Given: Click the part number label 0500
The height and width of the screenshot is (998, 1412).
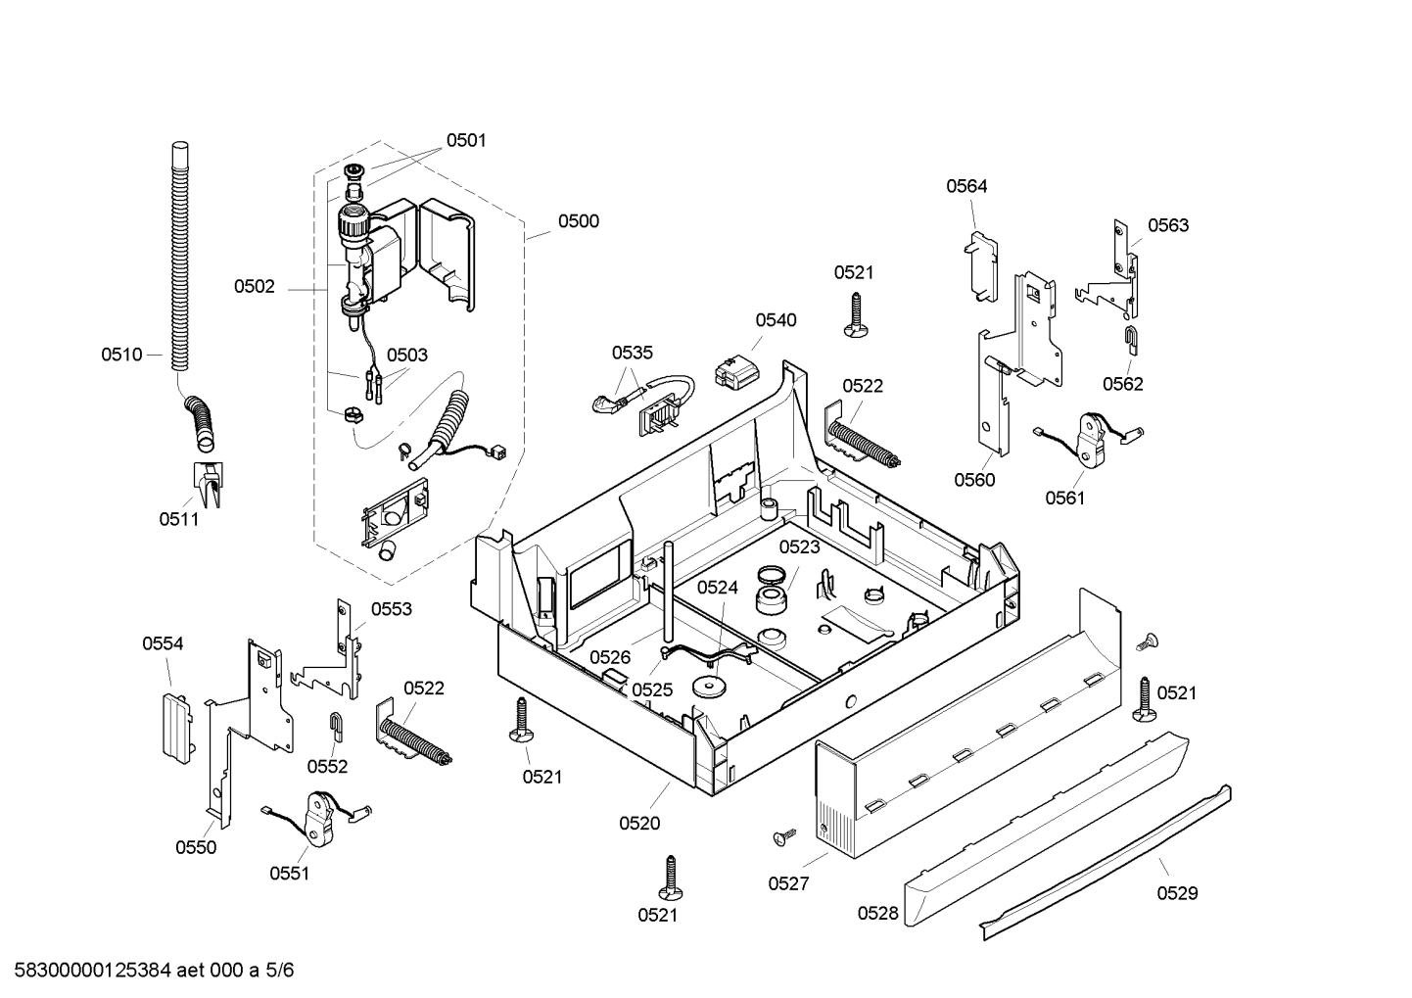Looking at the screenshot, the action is [578, 221].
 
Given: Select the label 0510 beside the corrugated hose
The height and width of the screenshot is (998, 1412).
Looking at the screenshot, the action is [121, 355].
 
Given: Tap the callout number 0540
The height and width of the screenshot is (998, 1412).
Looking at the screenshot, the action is [776, 320].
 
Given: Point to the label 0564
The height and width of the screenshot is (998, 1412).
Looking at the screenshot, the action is [966, 186].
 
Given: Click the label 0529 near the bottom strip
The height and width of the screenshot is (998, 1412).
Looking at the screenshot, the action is [1178, 893].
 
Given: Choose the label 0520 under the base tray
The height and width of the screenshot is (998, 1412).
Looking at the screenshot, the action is [639, 824].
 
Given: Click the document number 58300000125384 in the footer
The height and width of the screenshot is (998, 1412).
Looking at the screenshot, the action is [92, 971].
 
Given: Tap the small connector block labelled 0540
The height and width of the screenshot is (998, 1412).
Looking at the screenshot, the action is [736, 372].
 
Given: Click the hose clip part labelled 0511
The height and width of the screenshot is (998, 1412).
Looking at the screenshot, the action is [208, 484].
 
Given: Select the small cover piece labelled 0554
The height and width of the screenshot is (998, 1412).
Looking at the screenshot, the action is [176, 728].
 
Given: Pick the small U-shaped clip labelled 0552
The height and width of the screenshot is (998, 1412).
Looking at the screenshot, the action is [336, 728].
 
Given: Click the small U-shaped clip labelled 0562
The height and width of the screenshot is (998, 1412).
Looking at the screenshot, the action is [1132, 341].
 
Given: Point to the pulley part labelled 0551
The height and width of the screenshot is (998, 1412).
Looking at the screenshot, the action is [318, 820].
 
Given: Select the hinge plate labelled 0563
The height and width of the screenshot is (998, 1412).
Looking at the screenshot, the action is [1108, 270].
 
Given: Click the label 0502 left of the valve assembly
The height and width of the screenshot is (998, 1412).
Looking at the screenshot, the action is [254, 287].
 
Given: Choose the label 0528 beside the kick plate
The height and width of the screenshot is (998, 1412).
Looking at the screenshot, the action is [877, 914].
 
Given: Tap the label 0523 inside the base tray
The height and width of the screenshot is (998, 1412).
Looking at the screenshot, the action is [799, 547].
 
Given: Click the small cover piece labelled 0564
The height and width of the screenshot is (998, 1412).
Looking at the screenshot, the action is [981, 266].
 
